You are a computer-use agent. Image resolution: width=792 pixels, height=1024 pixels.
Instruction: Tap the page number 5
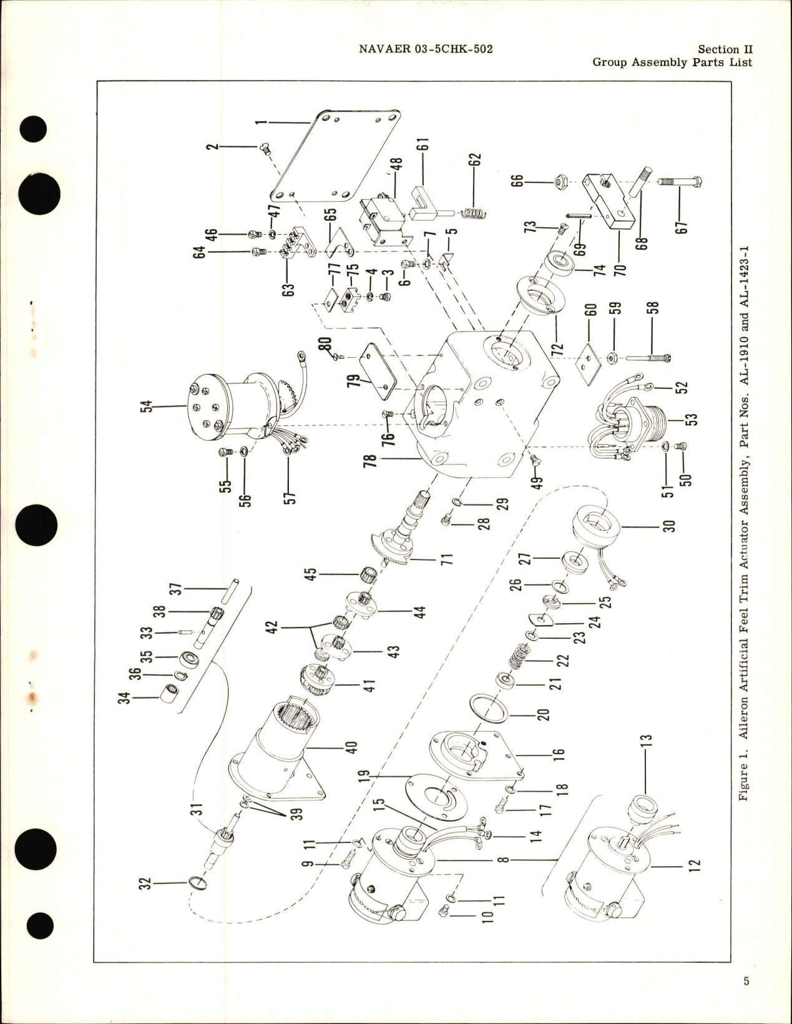point(746,980)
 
